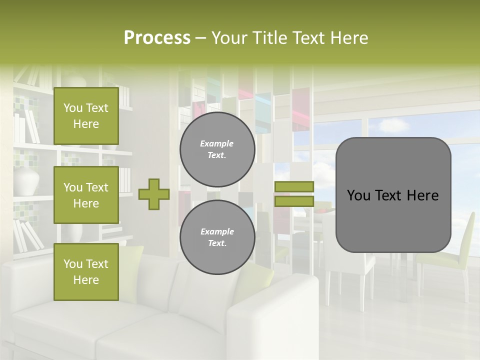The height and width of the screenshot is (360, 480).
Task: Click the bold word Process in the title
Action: [157, 38]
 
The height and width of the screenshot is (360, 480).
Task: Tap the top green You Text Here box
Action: [86, 116]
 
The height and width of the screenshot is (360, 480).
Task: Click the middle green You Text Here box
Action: [86, 195]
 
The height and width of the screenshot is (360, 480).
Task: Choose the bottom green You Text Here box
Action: [86, 271]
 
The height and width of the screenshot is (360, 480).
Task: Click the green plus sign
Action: [153, 194]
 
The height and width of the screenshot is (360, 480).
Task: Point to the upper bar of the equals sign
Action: [294, 186]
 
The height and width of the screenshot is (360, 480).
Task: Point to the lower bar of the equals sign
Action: [294, 201]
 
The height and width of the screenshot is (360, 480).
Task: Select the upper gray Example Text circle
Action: [217, 149]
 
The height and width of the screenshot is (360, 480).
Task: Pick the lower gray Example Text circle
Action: [217, 237]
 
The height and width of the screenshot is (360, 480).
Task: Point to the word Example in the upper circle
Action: [217, 143]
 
